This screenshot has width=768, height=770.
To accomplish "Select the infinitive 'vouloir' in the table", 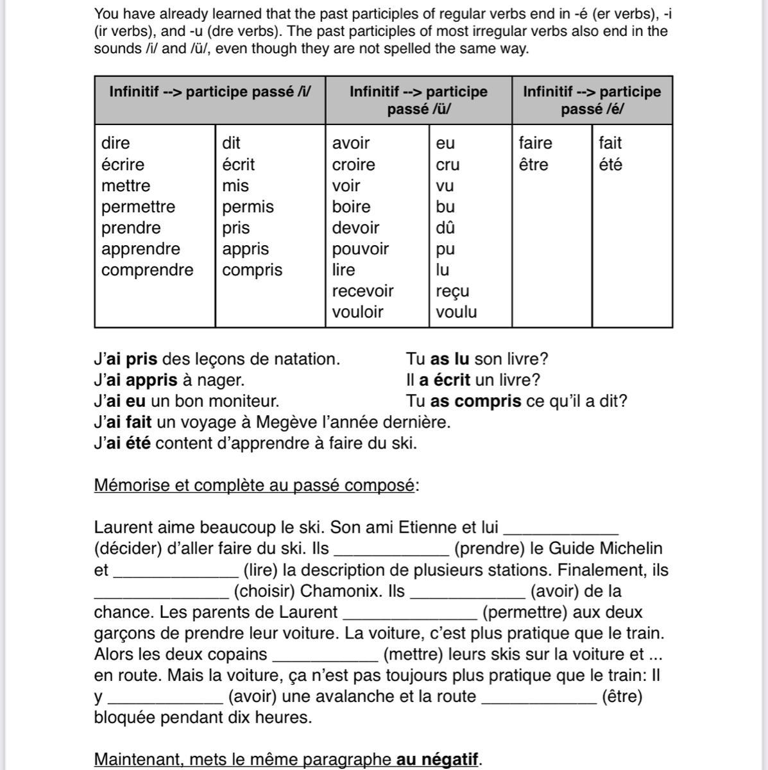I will [357, 312].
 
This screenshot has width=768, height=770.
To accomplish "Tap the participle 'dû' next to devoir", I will [445, 228].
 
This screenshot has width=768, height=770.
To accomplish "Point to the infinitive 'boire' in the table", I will [351, 207].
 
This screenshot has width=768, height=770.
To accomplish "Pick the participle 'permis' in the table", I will [248, 207].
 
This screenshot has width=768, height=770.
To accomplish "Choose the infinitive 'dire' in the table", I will [115, 143].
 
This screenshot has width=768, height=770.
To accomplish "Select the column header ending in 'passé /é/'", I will [592, 100].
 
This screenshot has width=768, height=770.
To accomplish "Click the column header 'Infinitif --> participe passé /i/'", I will [210, 92].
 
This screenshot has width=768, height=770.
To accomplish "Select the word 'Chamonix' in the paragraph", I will [342, 591].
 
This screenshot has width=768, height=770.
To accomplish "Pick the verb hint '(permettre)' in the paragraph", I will [562, 613].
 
